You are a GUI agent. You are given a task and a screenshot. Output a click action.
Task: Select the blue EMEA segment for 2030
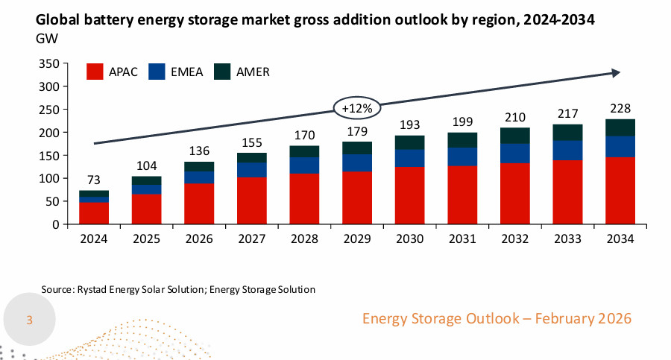[x=410, y=158]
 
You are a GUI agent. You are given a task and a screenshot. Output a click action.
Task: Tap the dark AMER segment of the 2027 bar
[x=253, y=157]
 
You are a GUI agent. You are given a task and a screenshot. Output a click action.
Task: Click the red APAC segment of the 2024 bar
[x=95, y=212]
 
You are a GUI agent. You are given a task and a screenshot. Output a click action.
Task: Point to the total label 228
[x=620, y=108]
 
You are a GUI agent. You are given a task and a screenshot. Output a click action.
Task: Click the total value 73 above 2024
[x=95, y=180]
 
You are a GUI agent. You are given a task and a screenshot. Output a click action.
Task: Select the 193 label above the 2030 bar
[x=410, y=124]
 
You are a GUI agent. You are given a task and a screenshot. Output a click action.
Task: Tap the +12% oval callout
[x=357, y=109]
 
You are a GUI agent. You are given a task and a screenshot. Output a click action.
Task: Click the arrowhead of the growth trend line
[x=617, y=72]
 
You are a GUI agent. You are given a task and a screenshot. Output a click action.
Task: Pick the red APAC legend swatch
[x=95, y=72]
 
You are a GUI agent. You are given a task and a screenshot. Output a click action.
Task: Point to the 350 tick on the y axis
[x=48, y=64]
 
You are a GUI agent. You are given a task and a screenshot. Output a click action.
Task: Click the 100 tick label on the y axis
[x=48, y=179]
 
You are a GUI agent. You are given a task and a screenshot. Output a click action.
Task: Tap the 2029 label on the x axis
[x=357, y=239]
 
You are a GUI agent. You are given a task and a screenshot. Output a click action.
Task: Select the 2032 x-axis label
[x=515, y=239]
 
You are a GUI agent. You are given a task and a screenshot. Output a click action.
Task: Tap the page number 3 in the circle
[x=30, y=320]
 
